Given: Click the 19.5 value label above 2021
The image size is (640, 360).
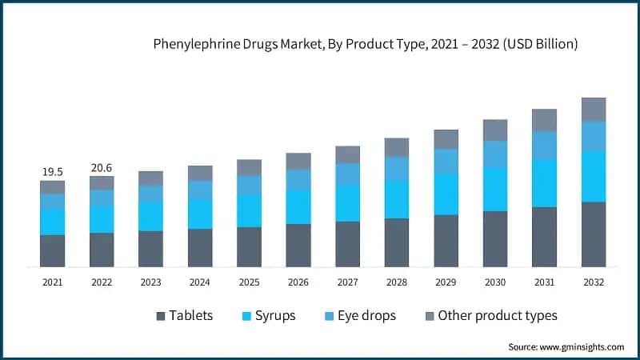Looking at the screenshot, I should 52,171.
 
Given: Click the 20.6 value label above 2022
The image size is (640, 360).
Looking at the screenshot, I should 102,167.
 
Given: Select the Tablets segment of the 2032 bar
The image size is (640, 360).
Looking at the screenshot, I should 593,234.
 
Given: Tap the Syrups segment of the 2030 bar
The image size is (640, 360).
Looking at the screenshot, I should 495,189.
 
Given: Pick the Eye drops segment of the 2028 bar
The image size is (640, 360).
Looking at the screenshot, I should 397,168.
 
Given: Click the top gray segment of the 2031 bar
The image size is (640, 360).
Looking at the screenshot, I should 544,120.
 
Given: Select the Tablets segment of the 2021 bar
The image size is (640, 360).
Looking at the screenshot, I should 52,250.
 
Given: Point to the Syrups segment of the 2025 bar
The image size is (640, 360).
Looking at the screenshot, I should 249,210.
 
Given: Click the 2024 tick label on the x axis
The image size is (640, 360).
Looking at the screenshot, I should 200,282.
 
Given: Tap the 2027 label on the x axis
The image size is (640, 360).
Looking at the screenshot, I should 347,282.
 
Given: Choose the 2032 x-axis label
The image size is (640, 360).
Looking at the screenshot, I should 593,282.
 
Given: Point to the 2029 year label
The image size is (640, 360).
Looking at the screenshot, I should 446,282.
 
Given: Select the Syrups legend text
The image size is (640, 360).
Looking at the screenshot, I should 274,315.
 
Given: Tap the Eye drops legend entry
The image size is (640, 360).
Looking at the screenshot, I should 365,315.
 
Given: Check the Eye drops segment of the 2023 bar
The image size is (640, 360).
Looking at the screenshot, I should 150,194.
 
